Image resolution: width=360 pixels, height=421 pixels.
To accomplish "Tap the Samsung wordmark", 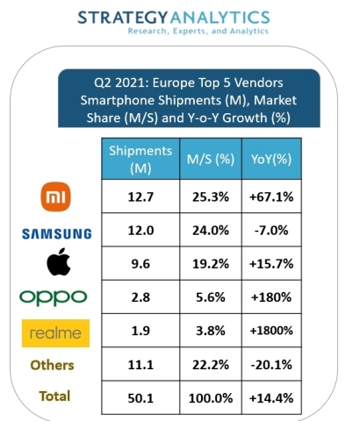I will click(55, 232).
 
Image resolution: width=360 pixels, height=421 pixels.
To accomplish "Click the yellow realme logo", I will click(55, 332).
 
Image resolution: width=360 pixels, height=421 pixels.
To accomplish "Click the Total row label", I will click(54, 396).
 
